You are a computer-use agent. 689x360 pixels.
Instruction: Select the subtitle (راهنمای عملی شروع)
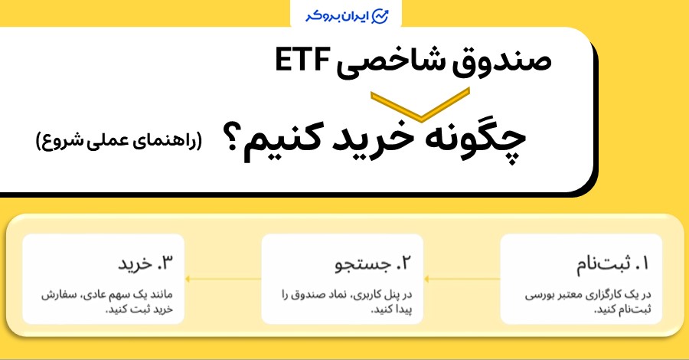pos(119,142)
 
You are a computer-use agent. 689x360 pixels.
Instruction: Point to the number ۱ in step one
pos(642,266)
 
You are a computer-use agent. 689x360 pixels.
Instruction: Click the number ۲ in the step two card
pos(408,266)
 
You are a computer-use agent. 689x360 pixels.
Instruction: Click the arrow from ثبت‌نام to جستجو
pos(462,279)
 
